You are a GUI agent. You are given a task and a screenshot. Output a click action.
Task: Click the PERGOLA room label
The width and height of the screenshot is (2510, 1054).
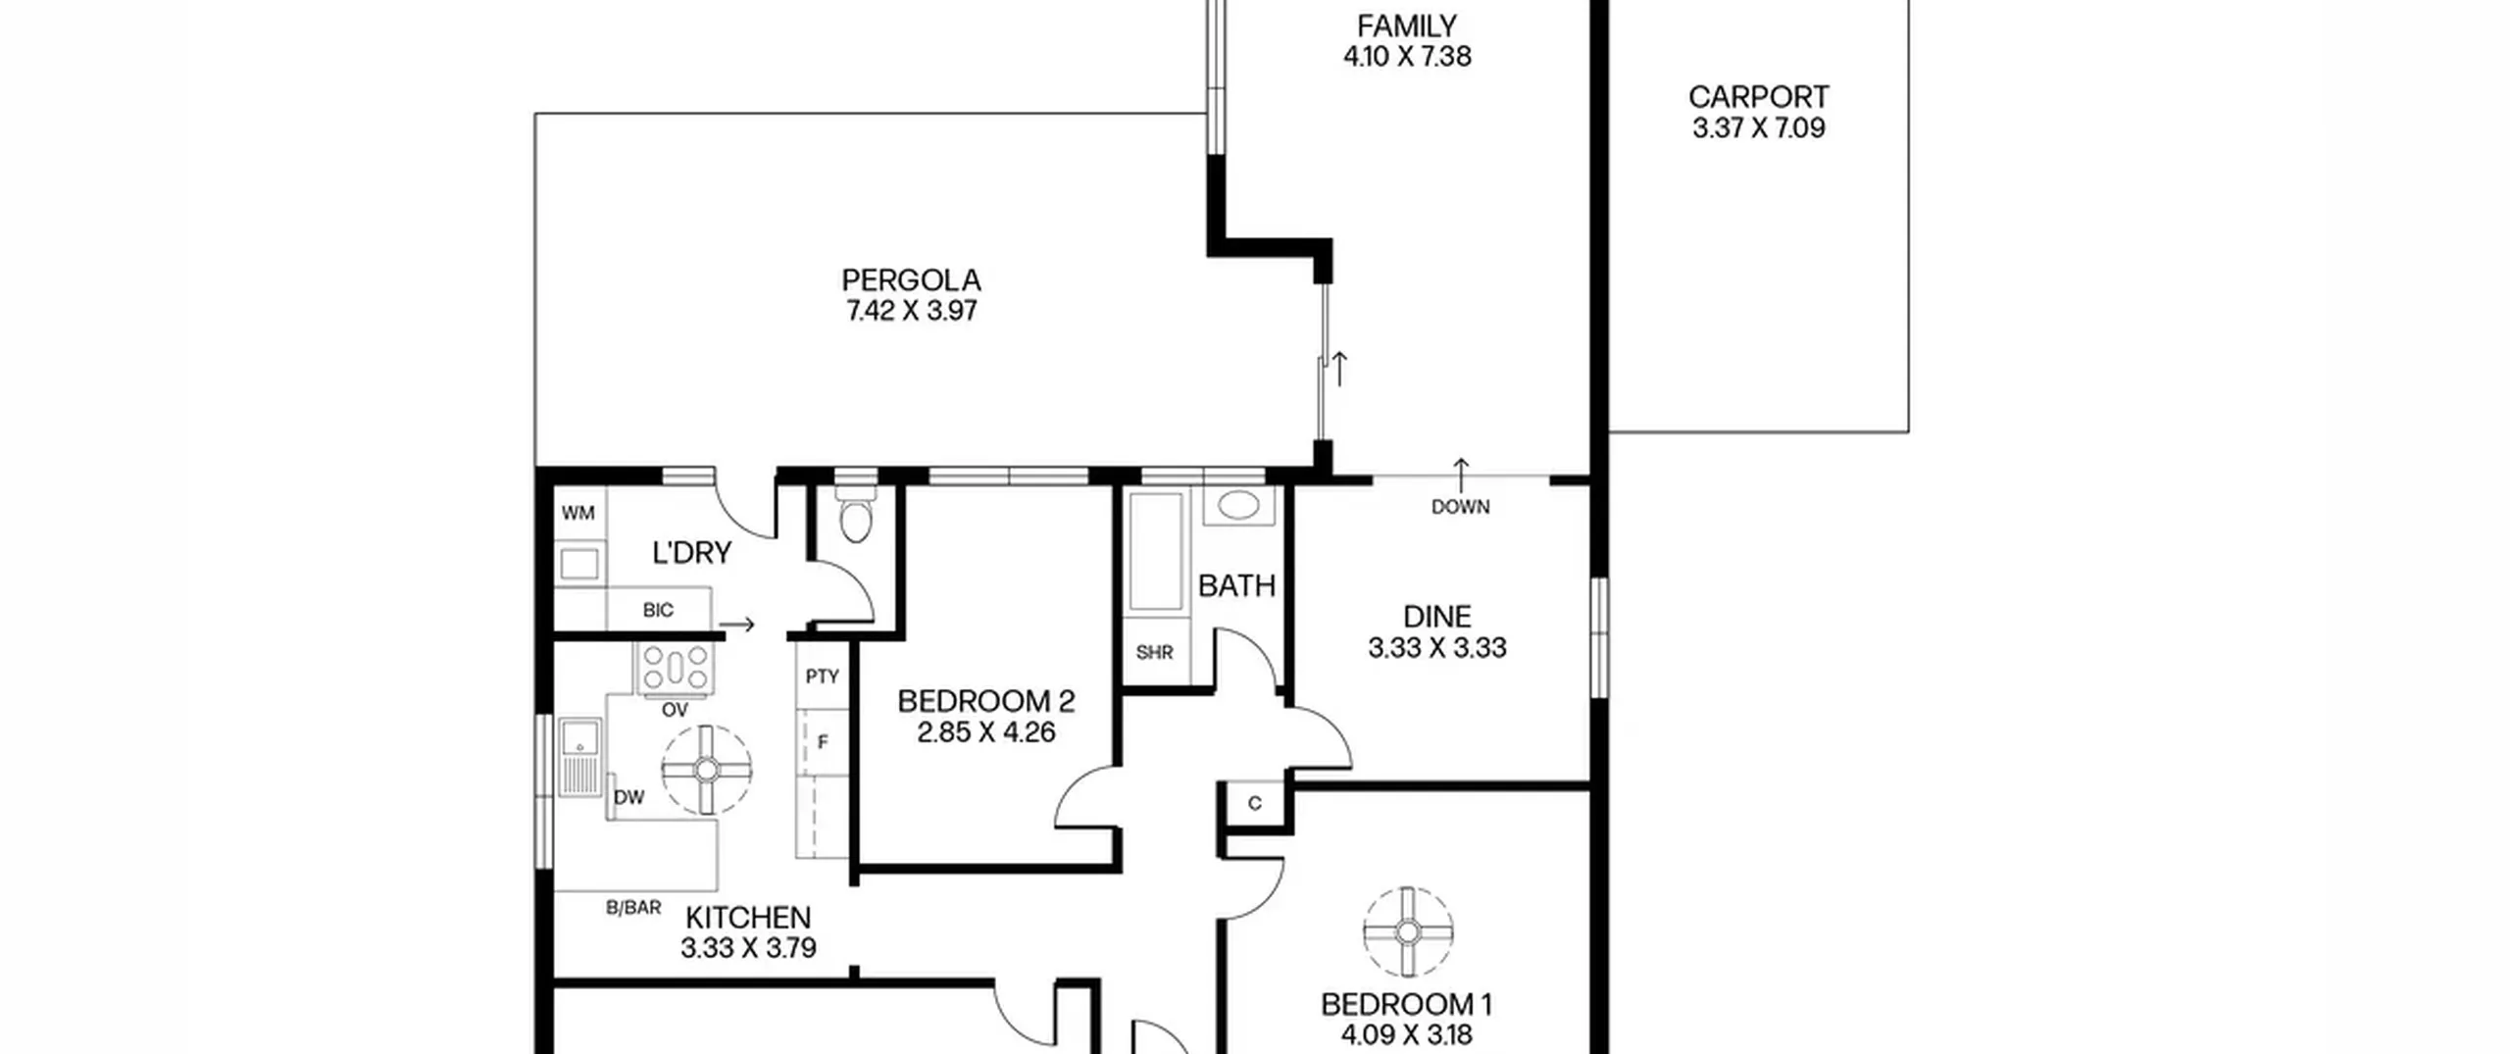[x=911, y=280]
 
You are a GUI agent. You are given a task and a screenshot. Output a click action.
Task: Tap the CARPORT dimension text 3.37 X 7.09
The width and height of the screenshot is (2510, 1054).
[x=1759, y=128]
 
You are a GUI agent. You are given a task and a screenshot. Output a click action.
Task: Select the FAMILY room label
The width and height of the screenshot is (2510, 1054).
[x=1407, y=25]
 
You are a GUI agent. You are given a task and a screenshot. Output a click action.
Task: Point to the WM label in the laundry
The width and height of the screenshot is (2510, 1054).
[x=578, y=513]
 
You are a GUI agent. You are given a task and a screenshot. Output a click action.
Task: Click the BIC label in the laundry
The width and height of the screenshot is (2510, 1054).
[x=658, y=610]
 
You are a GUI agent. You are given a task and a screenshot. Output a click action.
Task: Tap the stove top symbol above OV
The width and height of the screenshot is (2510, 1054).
[x=675, y=669]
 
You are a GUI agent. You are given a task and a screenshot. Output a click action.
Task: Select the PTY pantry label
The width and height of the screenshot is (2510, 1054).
[x=822, y=676]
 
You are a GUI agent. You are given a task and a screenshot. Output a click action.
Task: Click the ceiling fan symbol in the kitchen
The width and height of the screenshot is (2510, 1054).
[x=706, y=770]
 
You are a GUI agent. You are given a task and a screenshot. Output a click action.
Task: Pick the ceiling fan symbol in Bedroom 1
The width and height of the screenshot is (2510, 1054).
[x=1408, y=932]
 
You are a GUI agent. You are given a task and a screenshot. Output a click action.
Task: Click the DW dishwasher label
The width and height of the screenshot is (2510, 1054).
[x=629, y=797]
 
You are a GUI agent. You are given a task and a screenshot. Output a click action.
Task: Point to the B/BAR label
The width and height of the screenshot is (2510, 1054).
[x=633, y=908]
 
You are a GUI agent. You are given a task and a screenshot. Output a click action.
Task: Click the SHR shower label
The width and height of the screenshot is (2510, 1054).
[x=1155, y=652]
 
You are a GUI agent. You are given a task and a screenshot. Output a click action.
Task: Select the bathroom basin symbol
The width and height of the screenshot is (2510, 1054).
[x=1239, y=505]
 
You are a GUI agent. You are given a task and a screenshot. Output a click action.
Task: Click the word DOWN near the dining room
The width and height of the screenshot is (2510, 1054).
[x=1461, y=507]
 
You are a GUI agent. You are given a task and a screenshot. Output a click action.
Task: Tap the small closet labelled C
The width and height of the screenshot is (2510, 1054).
[x=1255, y=804]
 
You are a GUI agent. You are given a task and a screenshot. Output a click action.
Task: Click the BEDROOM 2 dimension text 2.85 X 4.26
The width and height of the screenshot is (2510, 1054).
[x=986, y=732]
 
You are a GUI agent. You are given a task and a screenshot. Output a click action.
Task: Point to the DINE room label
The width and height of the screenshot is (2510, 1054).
[x=1437, y=617]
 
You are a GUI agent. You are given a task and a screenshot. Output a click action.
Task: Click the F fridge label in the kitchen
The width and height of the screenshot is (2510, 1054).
[x=823, y=742]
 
